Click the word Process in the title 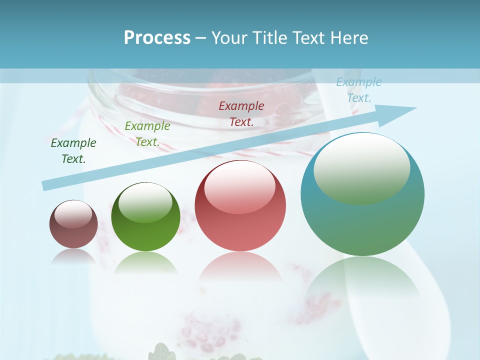pyautogui.click(x=157, y=38)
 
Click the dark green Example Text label pyautogui.click(x=73, y=151)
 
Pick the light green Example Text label pyautogui.click(x=147, y=134)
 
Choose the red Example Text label pyautogui.click(x=241, y=113)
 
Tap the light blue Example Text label pyautogui.click(x=359, y=90)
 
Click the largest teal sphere pyautogui.click(x=362, y=220)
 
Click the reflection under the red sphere pyautogui.click(x=240, y=267)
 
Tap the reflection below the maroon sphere pyautogui.click(x=73, y=256)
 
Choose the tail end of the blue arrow pyautogui.click(x=46, y=185)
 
